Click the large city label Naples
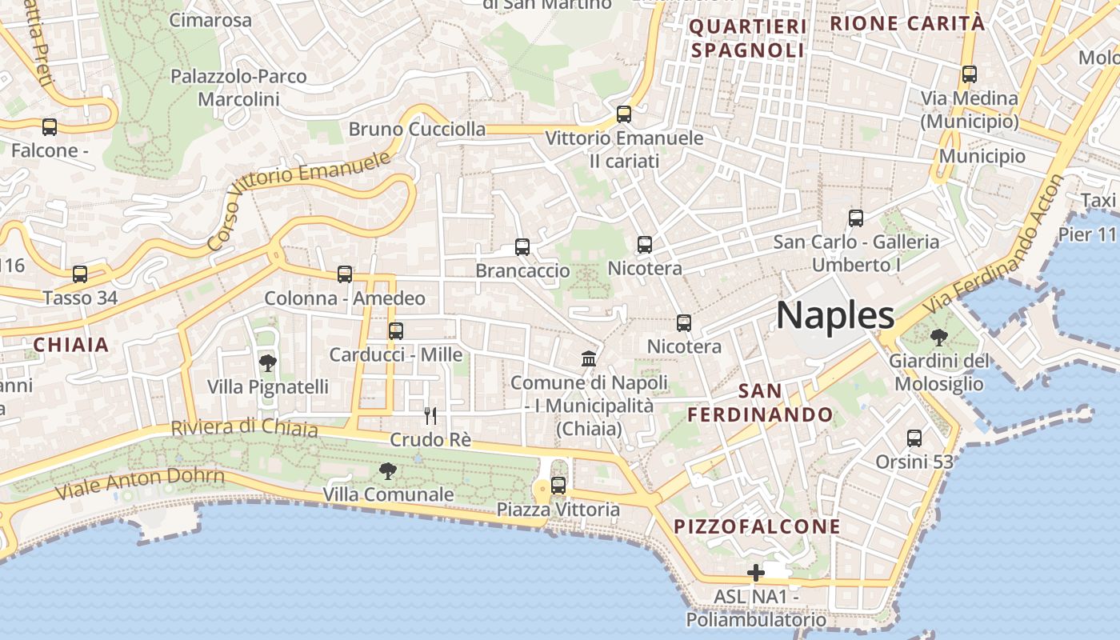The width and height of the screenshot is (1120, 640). (835, 316)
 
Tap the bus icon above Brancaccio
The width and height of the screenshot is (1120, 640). (522, 247)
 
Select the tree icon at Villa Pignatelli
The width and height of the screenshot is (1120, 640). (268, 363)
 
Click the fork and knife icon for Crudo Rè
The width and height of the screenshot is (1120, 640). (430, 416)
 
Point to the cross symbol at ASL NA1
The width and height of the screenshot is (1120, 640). (755, 573)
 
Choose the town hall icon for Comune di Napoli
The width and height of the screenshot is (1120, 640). (589, 358)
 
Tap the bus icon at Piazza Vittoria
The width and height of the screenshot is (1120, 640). (558, 486)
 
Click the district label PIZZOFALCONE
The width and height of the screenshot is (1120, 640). (757, 526)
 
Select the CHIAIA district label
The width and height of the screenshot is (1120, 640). (70, 345)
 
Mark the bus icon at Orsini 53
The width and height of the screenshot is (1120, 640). (914, 438)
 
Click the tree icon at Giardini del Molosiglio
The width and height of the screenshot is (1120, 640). (939, 338)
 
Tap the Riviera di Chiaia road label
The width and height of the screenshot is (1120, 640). (244, 428)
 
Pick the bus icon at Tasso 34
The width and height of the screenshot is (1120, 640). (80, 274)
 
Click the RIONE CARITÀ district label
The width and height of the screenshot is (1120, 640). (907, 23)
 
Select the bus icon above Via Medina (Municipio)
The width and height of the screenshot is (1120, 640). (970, 74)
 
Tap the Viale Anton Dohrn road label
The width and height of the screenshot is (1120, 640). (140, 482)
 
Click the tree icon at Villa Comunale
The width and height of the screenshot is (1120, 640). (388, 471)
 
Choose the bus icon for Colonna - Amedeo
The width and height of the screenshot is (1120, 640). (345, 274)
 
